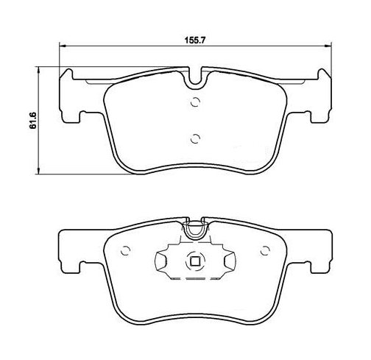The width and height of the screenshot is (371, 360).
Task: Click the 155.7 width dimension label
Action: [194, 40]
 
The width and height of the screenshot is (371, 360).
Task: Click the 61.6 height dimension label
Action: [33, 121]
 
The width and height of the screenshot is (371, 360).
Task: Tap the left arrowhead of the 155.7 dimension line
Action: [63, 46]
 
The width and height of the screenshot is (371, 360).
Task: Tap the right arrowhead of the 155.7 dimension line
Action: [328, 46]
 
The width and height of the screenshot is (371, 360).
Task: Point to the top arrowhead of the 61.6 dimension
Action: [38, 70]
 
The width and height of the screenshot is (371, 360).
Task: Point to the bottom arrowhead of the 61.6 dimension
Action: [38, 171]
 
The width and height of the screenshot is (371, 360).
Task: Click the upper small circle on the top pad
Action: [196, 102]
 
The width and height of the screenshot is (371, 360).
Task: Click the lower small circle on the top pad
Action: [196, 139]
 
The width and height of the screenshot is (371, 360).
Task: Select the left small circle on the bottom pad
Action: [126, 251]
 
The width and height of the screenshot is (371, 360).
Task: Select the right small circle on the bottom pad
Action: [265, 251]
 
